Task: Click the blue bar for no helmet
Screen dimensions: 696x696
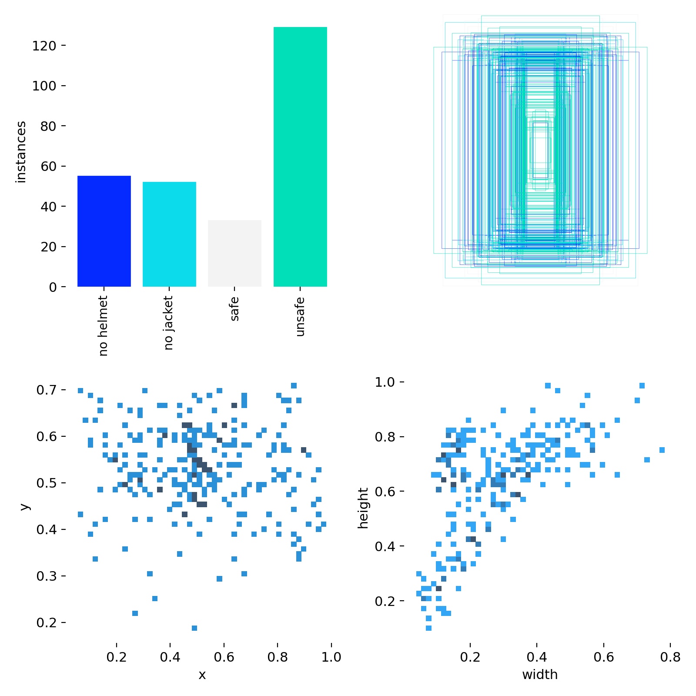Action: tap(104, 231)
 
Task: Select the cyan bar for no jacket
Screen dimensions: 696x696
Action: tap(169, 234)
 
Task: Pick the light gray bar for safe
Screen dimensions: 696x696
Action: tap(234, 253)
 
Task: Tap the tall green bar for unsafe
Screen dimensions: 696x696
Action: tap(300, 157)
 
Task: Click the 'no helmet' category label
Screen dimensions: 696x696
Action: tap(103, 325)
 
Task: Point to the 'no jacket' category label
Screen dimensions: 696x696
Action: tap(168, 322)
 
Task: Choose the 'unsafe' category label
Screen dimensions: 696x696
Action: tap(300, 317)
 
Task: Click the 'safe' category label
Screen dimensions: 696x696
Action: tap(234, 309)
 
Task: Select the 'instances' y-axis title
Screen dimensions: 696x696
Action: tap(21, 152)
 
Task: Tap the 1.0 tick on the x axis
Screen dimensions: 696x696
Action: tap(331, 657)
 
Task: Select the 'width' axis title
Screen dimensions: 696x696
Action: tap(539, 675)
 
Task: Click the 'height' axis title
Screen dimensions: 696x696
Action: tap(363, 508)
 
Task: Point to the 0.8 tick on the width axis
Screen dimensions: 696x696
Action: tap(670, 657)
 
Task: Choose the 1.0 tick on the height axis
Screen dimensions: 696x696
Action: tap(385, 382)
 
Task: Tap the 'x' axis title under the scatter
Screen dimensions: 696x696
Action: tap(202, 675)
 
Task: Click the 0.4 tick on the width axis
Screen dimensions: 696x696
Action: tap(537, 657)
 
